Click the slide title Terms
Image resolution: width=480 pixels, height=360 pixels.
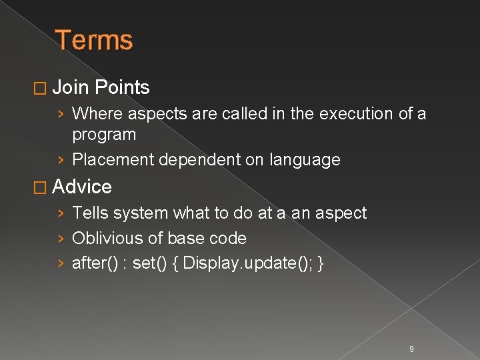pyautogui.click(x=94, y=40)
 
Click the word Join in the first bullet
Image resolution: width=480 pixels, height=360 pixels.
pyautogui.click(x=71, y=87)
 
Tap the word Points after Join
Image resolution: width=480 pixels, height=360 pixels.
pyautogui.click(x=122, y=87)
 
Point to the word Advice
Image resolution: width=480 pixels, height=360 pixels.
pyautogui.click(x=81, y=187)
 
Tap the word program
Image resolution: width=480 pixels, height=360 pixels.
pyautogui.click(x=104, y=135)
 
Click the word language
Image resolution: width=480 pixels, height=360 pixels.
pyautogui.click(x=305, y=161)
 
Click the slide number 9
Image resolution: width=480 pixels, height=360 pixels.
pyautogui.click(x=411, y=349)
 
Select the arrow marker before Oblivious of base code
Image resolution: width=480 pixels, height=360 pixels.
pyautogui.click(x=61, y=239)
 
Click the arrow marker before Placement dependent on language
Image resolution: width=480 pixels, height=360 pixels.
pyautogui.click(x=61, y=161)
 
